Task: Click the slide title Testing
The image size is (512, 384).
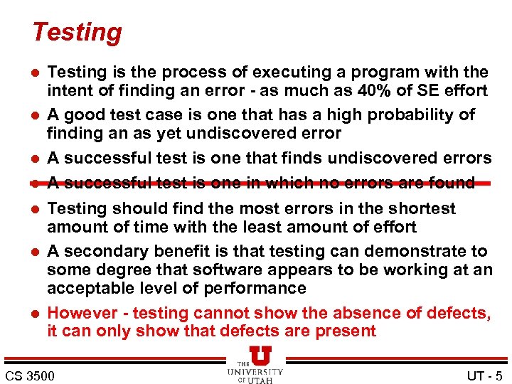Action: [x=77, y=32]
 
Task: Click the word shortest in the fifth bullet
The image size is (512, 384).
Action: [x=419, y=208]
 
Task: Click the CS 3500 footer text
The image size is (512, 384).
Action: [x=29, y=375]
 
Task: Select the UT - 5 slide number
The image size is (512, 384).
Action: [x=484, y=375]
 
